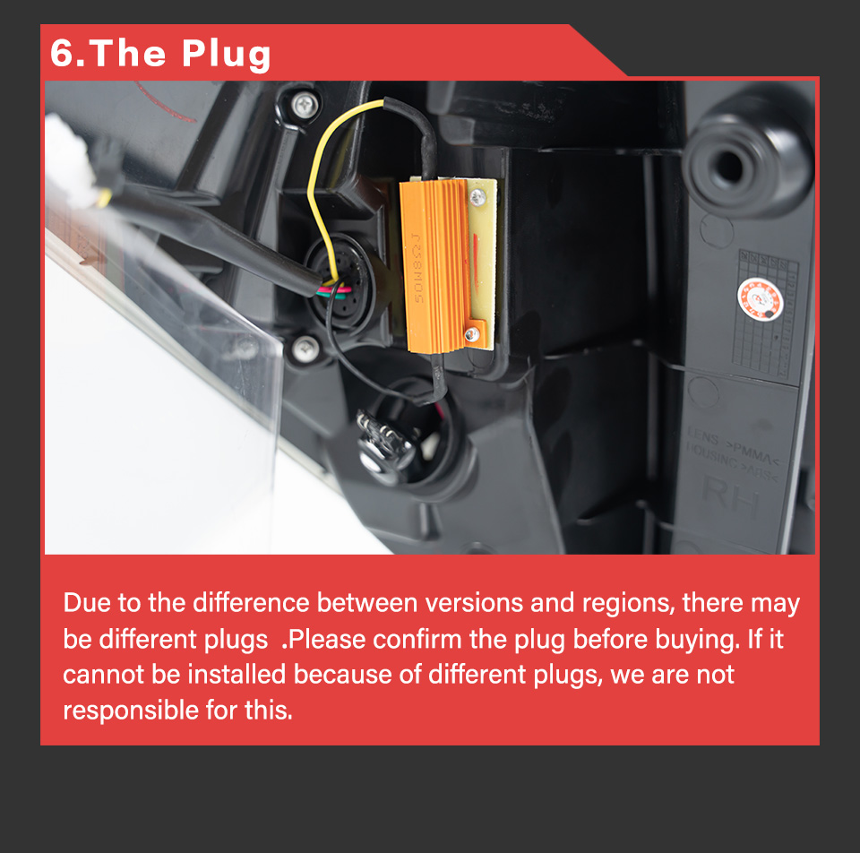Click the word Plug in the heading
(227, 54)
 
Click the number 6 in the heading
(62, 53)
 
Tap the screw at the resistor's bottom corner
(471, 336)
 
